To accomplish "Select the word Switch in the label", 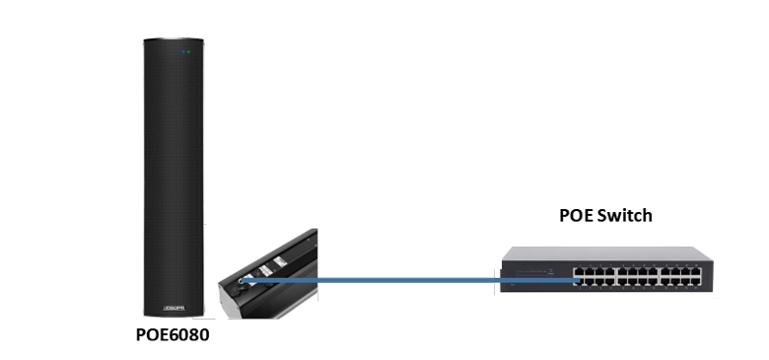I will pyautogui.click(x=625, y=215).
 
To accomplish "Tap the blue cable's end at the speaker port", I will pyautogui.click(x=243, y=280).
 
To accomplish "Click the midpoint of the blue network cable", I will pyautogui.click(x=408, y=281).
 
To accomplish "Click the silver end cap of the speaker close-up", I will pyautogui.click(x=243, y=312).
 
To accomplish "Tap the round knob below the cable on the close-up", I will pyautogui.click(x=236, y=292).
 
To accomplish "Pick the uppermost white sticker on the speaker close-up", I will pyautogui.click(x=279, y=258).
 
